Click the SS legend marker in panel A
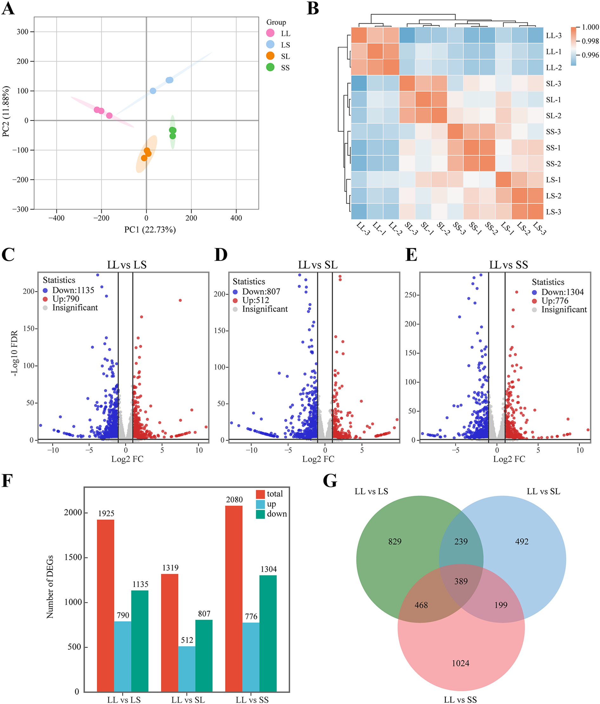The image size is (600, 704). pos(270,67)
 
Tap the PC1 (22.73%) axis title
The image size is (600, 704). pos(150,230)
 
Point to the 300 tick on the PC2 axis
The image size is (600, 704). pos(23,32)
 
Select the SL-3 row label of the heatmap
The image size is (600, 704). pos(553,83)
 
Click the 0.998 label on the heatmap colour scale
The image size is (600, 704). pos(590,41)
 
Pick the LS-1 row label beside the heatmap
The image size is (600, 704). pos(553,180)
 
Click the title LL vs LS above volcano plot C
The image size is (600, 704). pos(127,265)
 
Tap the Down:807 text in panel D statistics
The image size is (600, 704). pos(261,291)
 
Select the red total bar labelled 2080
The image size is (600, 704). pos(234,598)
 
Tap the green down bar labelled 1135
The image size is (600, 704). pos(140,641)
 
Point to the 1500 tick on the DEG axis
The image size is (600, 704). pos(73,557)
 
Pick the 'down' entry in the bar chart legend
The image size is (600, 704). pos(276,514)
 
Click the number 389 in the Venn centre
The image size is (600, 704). pos(461,581)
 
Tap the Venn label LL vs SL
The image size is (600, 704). pos(543,491)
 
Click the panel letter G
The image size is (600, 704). pos(330,481)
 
